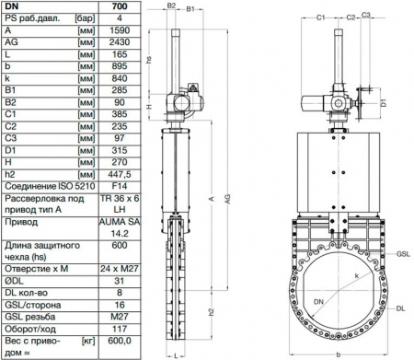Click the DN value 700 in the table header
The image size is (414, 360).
(120, 6)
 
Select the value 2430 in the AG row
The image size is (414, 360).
(120, 42)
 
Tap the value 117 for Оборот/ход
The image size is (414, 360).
(120, 325)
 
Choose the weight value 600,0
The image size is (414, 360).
(120, 340)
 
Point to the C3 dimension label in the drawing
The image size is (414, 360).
(366, 16)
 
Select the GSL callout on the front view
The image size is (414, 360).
(403, 251)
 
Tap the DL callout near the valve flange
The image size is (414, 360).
(403, 309)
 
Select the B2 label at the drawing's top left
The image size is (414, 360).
(172, 6)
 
